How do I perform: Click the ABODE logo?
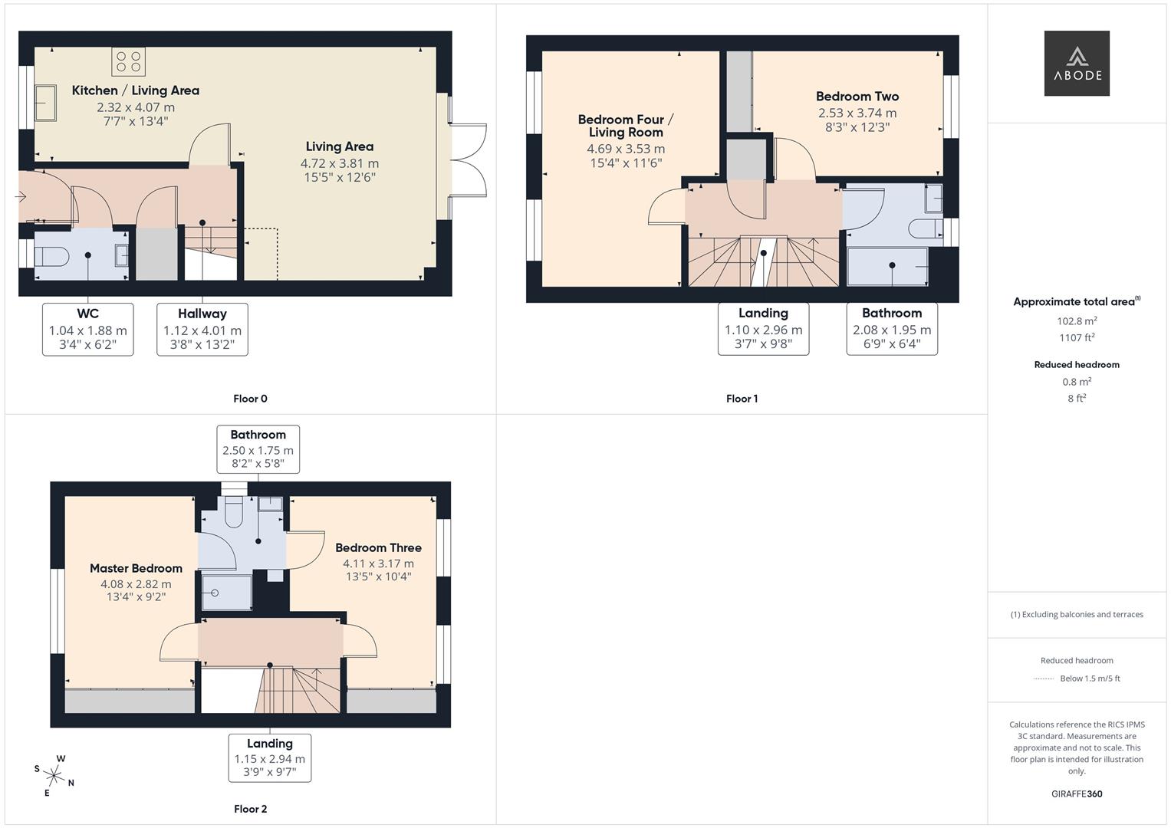[1076, 64]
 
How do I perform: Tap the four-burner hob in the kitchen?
[128, 61]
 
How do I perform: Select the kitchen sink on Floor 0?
[45, 103]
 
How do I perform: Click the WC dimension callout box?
[87, 329]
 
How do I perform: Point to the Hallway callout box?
[202, 329]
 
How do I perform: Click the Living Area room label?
[339, 146]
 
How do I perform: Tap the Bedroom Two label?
[857, 97]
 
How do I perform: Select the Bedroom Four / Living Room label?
[625, 126]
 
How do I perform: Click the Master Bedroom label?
[136, 568]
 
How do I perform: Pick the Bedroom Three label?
[378, 547]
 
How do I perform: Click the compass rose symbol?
[54, 775]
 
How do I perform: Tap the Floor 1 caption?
[742, 399]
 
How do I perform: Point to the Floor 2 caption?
[250, 809]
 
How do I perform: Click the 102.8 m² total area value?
[1076, 321]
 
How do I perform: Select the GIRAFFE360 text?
[1076, 793]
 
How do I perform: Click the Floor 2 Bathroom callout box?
[258, 449]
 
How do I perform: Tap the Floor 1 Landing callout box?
[762, 329]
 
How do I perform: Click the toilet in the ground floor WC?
[53, 255]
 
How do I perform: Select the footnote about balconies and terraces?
[1076, 614]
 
